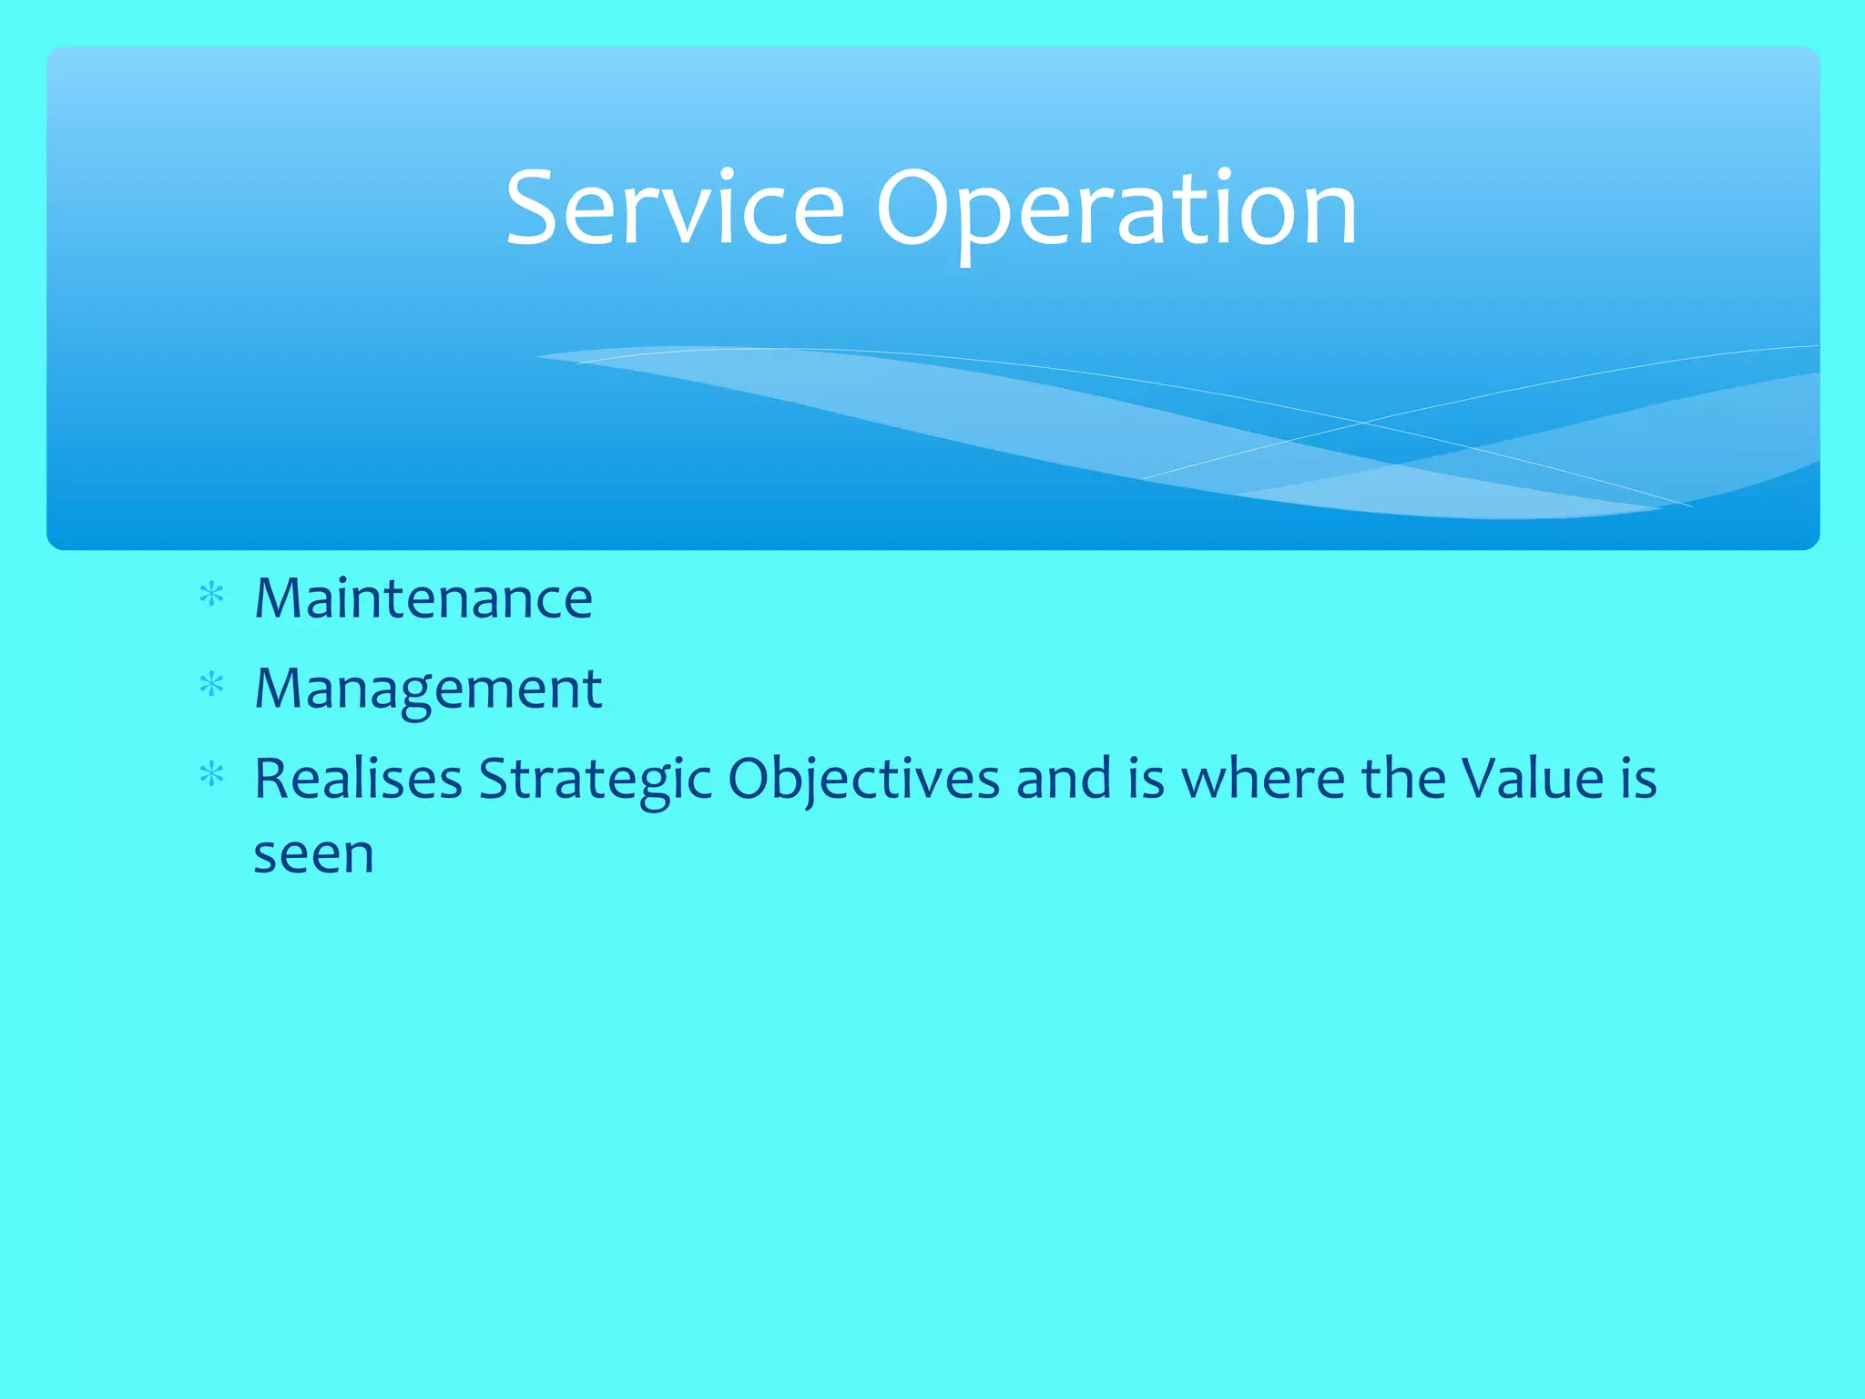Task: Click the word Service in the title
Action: pyautogui.click(x=675, y=209)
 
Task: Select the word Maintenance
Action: pyautogui.click(x=423, y=598)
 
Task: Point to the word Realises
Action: pyautogui.click(x=358, y=779)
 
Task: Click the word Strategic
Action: pyautogui.click(x=595, y=781)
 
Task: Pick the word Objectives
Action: pyautogui.click(x=863, y=781)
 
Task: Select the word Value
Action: pyautogui.click(x=1532, y=779)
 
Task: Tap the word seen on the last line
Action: pyautogui.click(x=313, y=855)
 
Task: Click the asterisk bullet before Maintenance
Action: pyautogui.click(x=211, y=596)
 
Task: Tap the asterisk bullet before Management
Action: pyautogui.click(x=211, y=685)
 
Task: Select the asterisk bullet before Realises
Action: pyautogui.click(x=211, y=775)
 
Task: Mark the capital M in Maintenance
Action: pyautogui.click(x=279, y=598)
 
